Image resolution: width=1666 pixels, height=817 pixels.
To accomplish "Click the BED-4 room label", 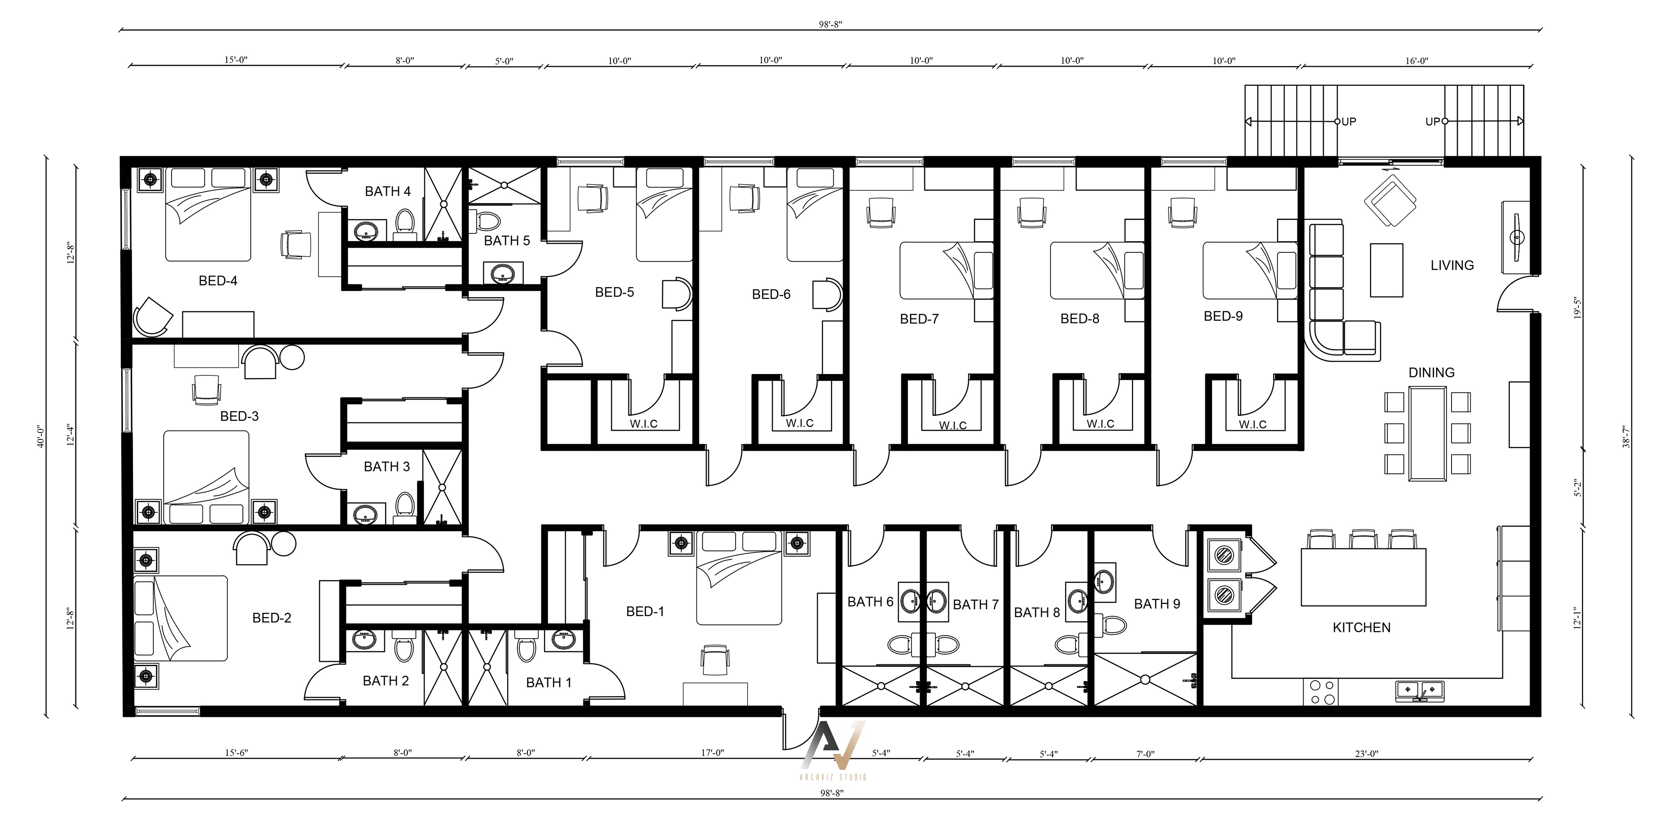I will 218,281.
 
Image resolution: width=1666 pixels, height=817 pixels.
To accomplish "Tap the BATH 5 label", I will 506,241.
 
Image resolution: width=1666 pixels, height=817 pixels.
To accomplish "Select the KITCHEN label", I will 1362,627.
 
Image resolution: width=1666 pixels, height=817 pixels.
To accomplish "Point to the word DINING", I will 1431,372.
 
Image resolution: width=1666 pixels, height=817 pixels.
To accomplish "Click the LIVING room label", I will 1452,265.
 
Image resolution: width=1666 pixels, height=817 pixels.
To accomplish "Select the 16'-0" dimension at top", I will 1417,61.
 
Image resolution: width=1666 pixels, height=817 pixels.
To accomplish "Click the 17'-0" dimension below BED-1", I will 712,753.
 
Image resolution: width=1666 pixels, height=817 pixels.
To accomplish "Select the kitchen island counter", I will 1363,577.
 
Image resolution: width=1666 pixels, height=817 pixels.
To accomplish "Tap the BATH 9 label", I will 1157,604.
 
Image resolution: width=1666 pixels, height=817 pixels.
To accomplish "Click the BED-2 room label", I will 272,618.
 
